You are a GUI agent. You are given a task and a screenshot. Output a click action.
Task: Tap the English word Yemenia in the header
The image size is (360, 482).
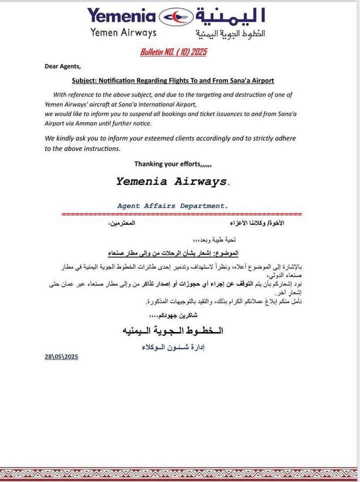click(x=121, y=15)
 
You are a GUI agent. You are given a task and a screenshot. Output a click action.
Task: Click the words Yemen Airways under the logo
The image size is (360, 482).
click(x=123, y=32)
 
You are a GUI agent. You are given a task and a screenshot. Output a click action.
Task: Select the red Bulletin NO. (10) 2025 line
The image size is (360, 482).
click(x=173, y=52)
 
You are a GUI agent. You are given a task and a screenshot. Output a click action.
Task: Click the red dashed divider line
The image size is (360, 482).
click(x=181, y=214)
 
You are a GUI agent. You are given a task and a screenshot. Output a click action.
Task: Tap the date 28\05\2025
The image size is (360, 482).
click(x=61, y=357)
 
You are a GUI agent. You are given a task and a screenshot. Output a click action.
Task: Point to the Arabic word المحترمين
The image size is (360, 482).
click(x=122, y=223)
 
